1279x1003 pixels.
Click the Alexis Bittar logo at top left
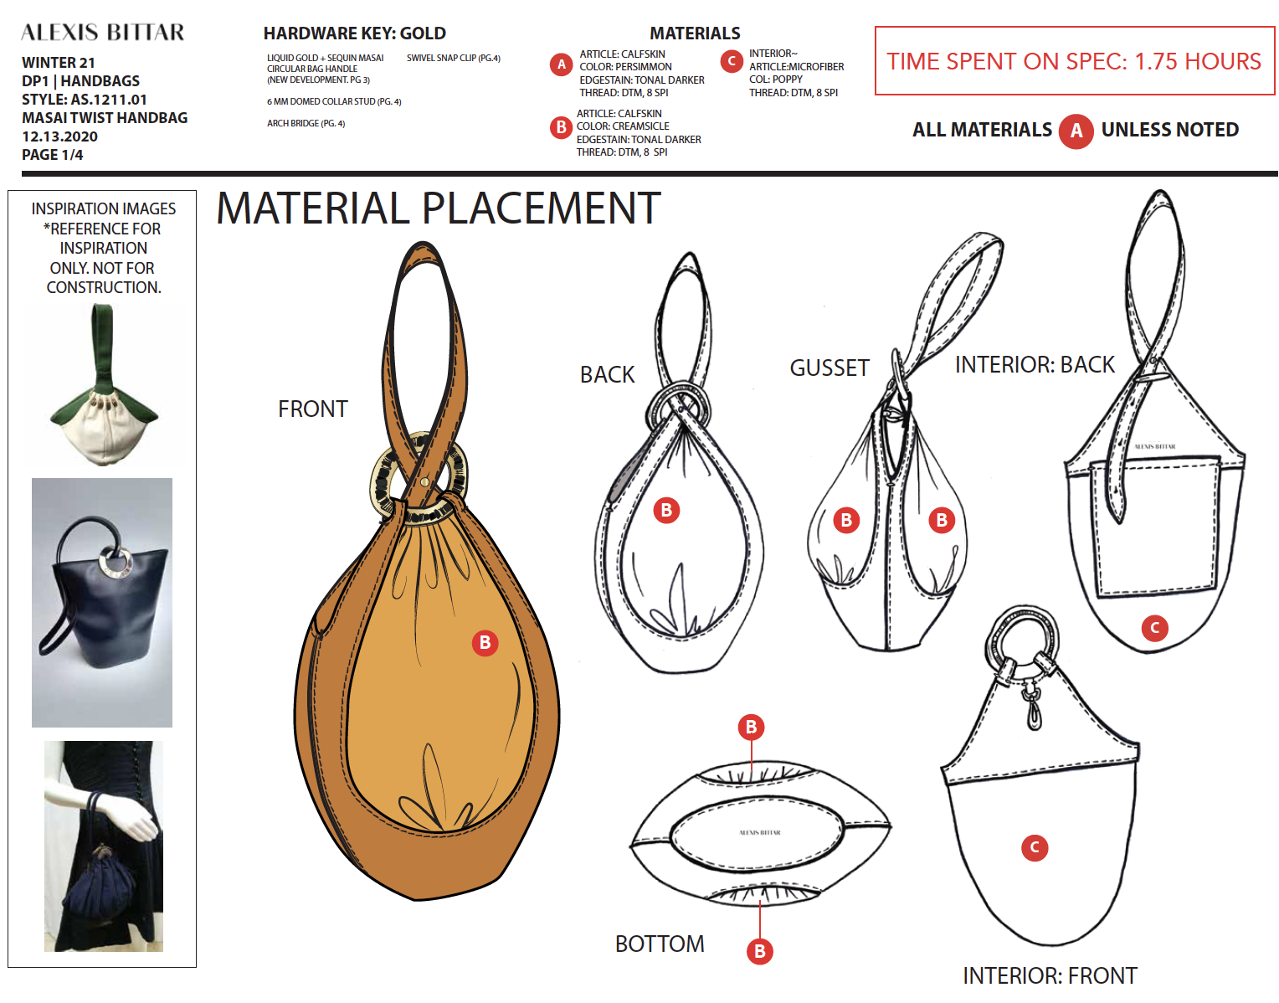tap(102, 33)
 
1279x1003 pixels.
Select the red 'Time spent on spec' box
tap(1074, 61)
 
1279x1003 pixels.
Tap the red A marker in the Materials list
tap(561, 64)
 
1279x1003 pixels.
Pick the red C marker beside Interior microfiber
tap(731, 61)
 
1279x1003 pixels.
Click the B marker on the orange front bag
tap(485, 642)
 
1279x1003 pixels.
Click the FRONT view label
tap(312, 409)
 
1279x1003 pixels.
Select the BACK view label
tap(607, 374)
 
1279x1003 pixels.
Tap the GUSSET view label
tap(830, 368)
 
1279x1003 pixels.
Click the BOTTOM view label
tap(660, 944)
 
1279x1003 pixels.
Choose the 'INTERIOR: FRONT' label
tap(1050, 975)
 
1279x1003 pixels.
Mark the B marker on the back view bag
tap(666, 510)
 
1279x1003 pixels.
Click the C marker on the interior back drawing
tap(1154, 627)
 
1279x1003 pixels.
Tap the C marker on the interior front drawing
tap(1035, 847)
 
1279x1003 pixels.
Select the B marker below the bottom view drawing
tap(759, 951)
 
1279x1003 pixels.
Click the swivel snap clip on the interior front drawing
tap(1032, 705)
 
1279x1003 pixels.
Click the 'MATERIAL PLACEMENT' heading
tap(439, 208)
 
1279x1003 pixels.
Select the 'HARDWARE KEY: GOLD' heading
tap(354, 33)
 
